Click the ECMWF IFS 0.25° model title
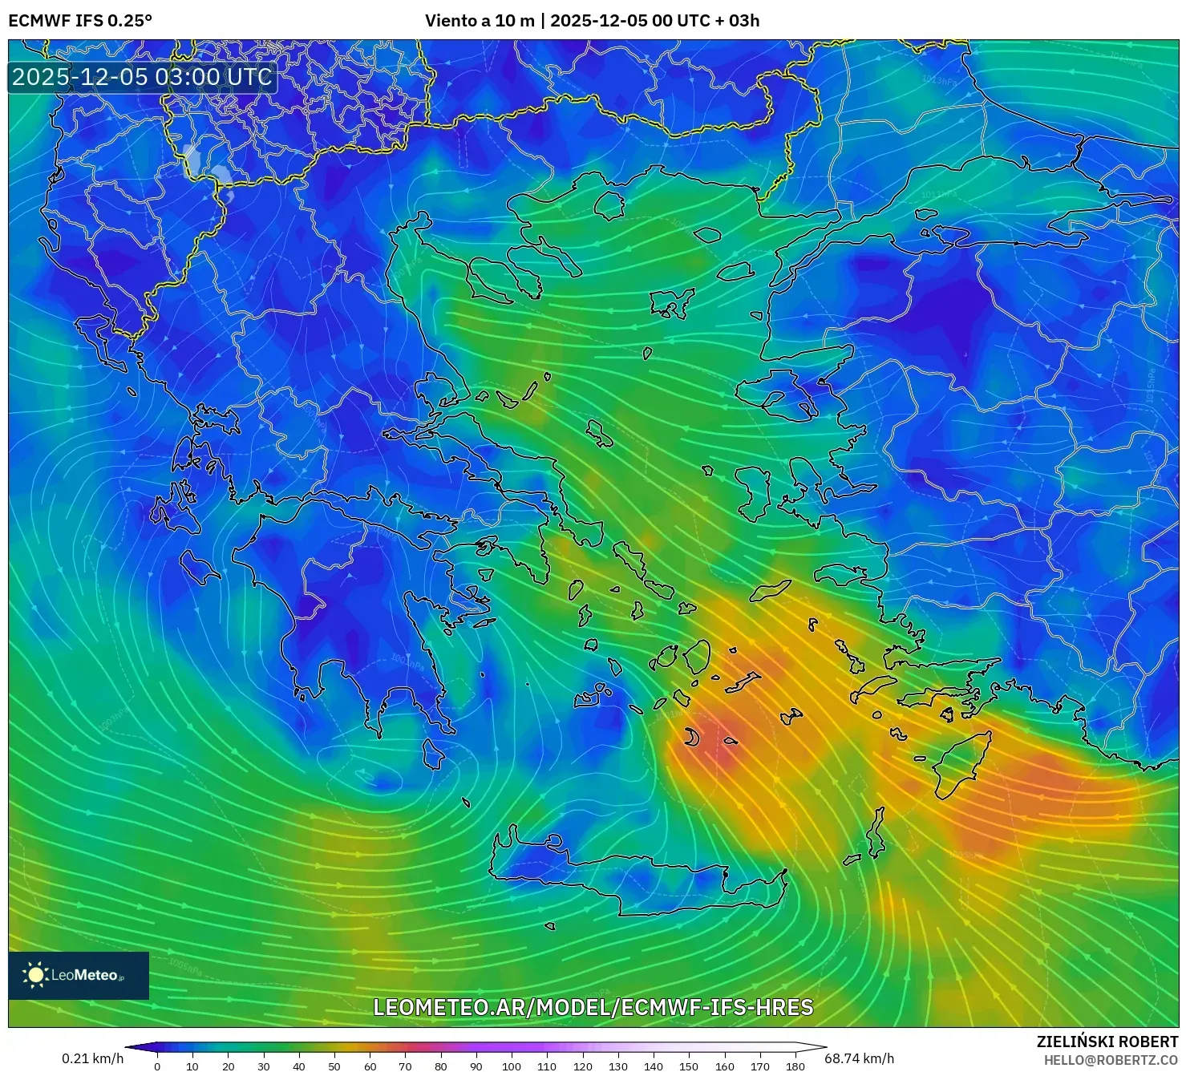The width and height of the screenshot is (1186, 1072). pyautogui.click(x=80, y=21)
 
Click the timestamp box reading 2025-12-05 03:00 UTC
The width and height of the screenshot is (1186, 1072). pyautogui.click(x=142, y=77)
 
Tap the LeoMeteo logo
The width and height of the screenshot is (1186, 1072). pyautogui.click(x=78, y=975)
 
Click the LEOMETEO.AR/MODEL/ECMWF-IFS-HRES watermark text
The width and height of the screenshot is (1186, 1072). pyautogui.click(x=593, y=1007)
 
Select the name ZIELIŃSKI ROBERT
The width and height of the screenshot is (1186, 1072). pyautogui.click(x=1107, y=1042)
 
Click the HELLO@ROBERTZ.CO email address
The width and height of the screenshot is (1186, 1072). pyautogui.click(x=1111, y=1060)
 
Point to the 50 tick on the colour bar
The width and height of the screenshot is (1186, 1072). pyautogui.click(x=334, y=1066)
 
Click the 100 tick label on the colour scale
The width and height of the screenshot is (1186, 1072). pyautogui.click(x=512, y=1066)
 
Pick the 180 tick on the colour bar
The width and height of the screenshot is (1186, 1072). pyautogui.click(x=795, y=1066)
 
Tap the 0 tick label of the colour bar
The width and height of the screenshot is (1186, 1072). pyautogui.click(x=157, y=1066)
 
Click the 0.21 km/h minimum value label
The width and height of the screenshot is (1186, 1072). pyautogui.click(x=93, y=1058)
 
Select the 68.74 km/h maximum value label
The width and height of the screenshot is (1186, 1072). pyautogui.click(x=859, y=1058)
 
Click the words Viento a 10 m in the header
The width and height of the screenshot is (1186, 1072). pyautogui.click(x=480, y=21)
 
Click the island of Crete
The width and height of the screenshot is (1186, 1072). pyautogui.click(x=642, y=882)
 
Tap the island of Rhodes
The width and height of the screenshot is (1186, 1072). pyautogui.click(x=962, y=762)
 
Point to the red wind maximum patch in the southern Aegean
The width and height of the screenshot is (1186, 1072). pyautogui.click(x=714, y=742)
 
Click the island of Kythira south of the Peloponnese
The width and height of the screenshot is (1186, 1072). pyautogui.click(x=433, y=754)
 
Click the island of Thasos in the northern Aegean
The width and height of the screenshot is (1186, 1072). pyautogui.click(x=609, y=205)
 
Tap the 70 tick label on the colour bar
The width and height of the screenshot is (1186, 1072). pyautogui.click(x=405, y=1066)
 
